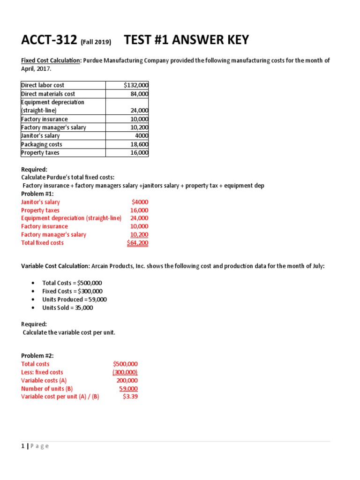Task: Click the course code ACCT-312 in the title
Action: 49,41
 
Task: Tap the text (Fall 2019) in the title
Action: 96,42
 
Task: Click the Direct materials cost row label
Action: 48,94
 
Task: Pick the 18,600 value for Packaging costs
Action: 139,144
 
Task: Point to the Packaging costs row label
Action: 42,144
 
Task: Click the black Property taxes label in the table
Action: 40,153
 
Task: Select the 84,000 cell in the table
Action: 139,94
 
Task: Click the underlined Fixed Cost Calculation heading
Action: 51,60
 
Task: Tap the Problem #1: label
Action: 37,194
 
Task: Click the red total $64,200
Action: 137,243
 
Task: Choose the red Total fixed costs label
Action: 42,243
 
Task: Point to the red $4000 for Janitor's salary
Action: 140,202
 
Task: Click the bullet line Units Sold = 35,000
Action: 67,308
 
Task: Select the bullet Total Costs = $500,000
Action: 72,283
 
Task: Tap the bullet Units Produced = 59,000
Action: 75,300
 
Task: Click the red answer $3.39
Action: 130,397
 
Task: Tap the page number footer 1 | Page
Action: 35,446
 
